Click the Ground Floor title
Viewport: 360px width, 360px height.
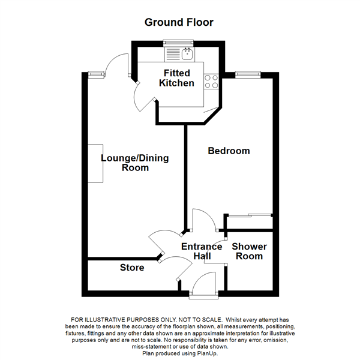(x=179, y=22)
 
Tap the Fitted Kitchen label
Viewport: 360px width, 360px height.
(x=176, y=78)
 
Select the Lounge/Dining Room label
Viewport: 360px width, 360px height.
(x=134, y=163)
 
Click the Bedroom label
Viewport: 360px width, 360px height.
(x=229, y=151)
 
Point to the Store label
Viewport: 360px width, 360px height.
(x=132, y=267)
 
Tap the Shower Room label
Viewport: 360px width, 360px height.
(x=249, y=251)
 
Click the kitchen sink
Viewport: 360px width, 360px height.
(x=187, y=53)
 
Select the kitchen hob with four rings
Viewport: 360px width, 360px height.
(x=211, y=81)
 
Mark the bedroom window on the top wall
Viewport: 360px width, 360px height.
(x=247, y=74)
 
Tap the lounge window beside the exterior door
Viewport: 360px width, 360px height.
(x=95, y=74)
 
